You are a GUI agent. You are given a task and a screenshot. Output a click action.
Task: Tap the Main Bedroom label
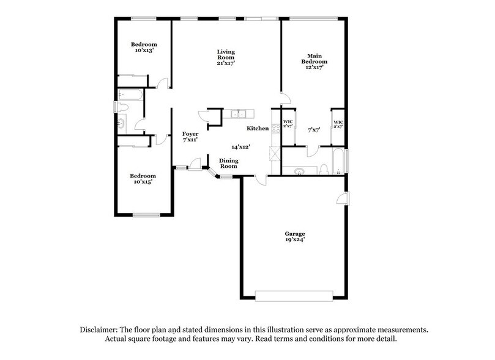(313, 58)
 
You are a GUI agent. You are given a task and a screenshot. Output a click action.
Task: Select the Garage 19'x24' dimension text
(294, 240)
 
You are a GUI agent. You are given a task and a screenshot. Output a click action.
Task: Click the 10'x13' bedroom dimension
(144, 50)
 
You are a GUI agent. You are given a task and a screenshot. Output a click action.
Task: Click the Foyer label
(190, 133)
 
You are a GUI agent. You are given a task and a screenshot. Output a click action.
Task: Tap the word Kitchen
(258, 129)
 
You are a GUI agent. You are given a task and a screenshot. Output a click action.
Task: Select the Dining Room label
(228, 163)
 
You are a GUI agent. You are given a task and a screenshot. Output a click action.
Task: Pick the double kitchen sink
(238, 114)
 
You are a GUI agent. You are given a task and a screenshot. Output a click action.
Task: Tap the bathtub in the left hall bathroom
(130, 95)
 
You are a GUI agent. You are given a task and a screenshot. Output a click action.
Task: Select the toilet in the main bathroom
(322, 169)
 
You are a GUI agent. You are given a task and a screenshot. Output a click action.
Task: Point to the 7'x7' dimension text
(314, 130)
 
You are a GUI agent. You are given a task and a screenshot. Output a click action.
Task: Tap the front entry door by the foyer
(195, 163)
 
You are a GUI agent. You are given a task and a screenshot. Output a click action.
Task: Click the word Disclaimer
(102, 329)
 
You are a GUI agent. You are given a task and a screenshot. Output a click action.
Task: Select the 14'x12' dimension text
(241, 148)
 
